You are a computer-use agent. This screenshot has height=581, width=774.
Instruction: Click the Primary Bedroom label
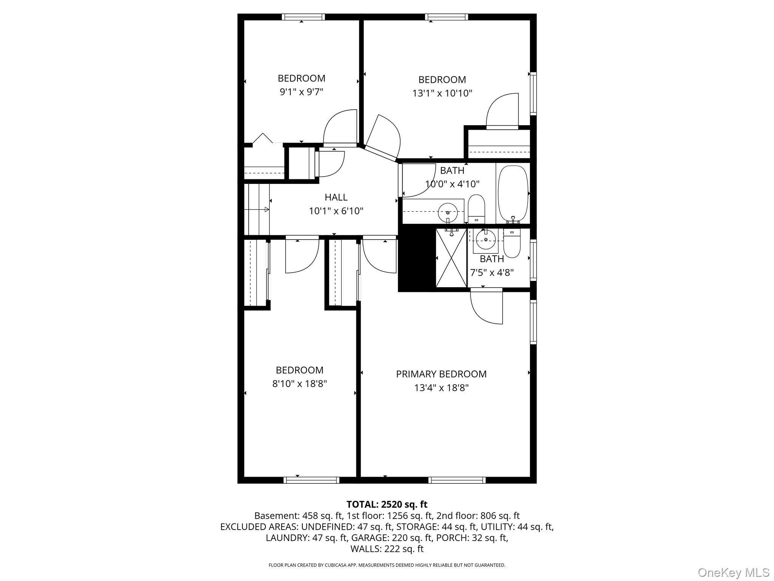click(441, 374)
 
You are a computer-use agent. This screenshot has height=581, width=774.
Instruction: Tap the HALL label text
click(336, 197)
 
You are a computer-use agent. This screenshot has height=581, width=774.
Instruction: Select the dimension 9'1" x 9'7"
click(301, 92)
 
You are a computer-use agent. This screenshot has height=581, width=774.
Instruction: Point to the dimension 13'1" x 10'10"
click(442, 93)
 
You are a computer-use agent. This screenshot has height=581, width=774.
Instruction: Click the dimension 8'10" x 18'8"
click(299, 384)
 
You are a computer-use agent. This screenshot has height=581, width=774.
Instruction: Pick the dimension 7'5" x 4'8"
click(492, 272)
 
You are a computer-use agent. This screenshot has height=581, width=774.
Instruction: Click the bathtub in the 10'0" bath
click(513, 194)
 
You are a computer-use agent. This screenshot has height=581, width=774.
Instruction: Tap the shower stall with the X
click(452, 258)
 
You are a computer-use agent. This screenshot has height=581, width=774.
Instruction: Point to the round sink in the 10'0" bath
click(448, 213)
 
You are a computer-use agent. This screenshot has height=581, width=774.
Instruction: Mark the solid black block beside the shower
click(417, 258)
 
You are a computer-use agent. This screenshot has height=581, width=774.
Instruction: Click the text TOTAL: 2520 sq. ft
click(387, 504)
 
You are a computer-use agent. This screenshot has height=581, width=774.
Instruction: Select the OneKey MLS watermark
click(734, 572)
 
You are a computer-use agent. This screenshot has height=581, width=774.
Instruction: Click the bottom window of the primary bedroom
click(457, 480)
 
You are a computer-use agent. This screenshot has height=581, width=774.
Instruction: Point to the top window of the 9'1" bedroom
click(303, 17)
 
